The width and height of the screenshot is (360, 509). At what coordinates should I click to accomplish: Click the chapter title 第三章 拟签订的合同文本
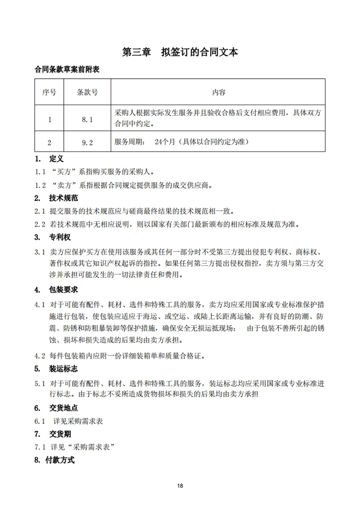pos(180,52)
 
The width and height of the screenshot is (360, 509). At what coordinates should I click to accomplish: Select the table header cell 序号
pos(49,92)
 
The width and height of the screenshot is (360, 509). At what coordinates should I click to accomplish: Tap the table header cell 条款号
pos(87,92)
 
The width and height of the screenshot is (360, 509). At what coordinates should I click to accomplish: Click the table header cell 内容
pos(219,92)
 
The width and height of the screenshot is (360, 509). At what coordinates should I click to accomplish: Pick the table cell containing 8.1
pos(87,119)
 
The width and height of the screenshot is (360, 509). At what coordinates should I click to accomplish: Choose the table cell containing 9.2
pos(87,143)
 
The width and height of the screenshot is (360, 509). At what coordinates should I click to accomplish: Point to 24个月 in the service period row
pos(162,142)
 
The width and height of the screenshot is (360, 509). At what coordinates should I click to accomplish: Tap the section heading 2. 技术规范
pos(57,198)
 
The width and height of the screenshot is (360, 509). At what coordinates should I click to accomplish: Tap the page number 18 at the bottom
pos(180,486)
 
